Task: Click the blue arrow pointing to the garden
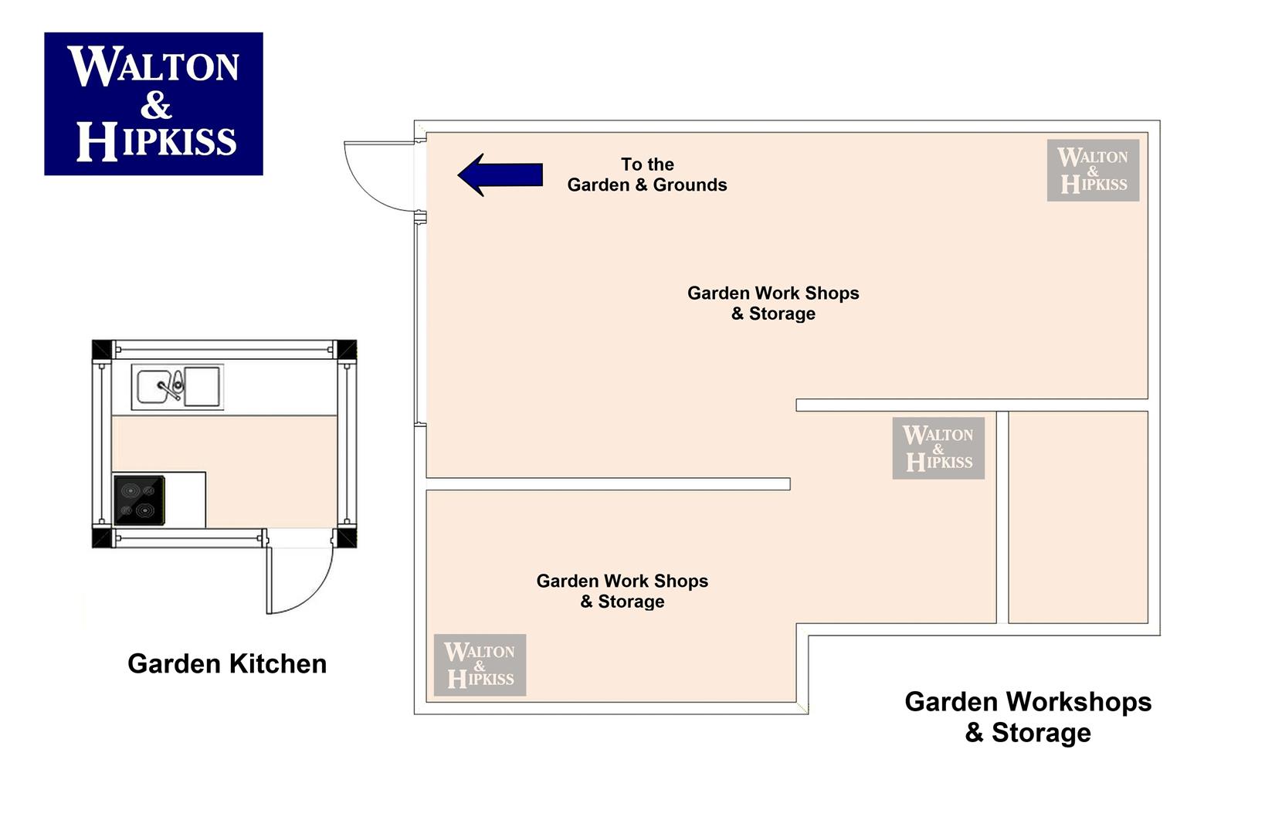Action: point(500,175)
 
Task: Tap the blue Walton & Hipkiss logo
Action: point(154,104)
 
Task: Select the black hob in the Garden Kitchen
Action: point(140,500)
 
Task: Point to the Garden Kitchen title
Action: point(227,663)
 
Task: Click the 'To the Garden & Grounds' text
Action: point(647,175)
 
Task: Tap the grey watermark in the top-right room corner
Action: point(1093,171)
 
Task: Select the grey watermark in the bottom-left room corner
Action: point(480,665)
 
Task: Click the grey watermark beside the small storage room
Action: point(938,449)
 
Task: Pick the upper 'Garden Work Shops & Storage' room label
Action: point(773,303)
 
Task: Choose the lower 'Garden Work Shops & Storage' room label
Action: point(622,592)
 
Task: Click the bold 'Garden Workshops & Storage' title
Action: point(1028,717)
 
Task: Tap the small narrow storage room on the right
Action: point(1078,517)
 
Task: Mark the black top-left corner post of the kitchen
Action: point(102,350)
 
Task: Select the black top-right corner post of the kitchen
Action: point(347,350)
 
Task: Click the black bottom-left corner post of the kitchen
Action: point(102,537)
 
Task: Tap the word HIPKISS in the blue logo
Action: point(157,141)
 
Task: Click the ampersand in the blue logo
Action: point(156,105)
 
